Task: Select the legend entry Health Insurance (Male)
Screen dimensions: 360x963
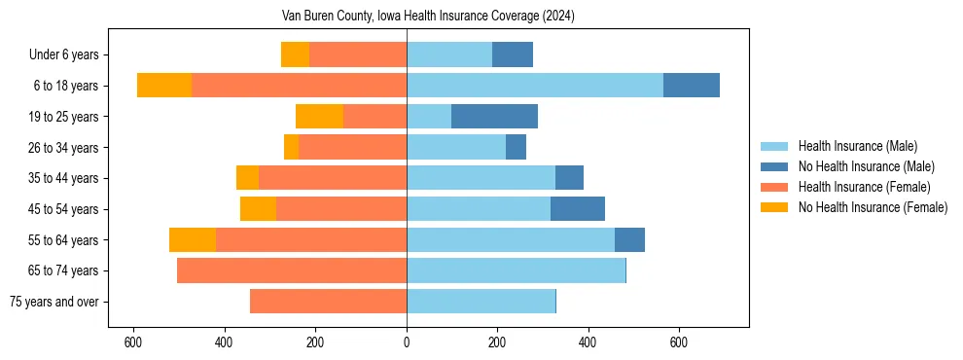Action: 857,146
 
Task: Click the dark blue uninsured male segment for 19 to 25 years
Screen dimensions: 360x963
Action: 494,117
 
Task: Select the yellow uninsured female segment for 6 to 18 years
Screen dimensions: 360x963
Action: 164,86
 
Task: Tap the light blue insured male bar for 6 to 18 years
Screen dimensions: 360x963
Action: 535,86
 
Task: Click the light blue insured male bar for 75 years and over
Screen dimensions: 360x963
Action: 481,302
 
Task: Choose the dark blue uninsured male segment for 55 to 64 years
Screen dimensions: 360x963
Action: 629,239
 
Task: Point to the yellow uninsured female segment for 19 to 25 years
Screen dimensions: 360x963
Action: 319,117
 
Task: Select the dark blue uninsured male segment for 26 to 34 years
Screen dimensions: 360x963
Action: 516,147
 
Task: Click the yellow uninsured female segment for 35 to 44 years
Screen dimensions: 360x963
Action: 247,178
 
